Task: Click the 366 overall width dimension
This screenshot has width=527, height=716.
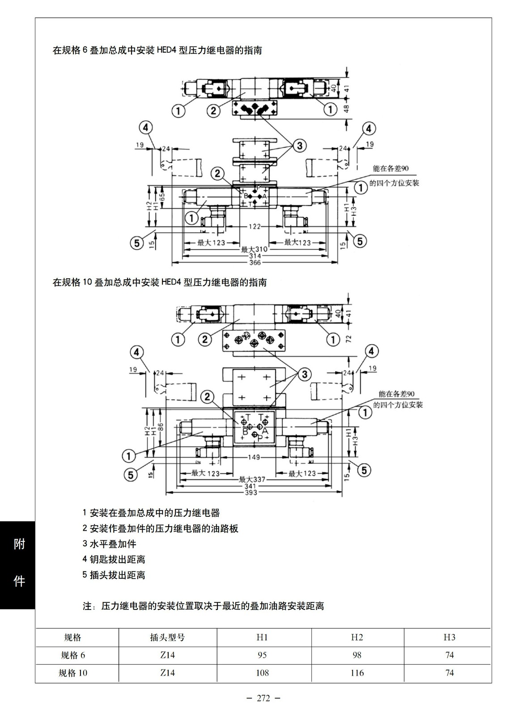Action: [255, 263]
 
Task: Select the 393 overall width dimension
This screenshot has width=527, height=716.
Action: [251, 493]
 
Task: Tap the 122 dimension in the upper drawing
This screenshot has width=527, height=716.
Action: [255, 226]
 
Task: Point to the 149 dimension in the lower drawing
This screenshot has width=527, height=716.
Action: [254, 457]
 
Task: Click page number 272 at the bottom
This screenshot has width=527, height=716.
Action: [263, 698]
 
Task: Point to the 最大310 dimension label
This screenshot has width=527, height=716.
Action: [254, 249]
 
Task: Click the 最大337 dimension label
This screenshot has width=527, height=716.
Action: [252, 479]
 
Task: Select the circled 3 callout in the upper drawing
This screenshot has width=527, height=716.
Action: [299, 145]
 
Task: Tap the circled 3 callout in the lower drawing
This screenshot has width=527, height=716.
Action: [305, 374]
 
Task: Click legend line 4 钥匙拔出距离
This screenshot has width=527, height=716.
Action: [114, 559]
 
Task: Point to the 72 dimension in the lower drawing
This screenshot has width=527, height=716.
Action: [348, 338]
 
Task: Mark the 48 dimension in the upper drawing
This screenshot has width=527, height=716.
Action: [347, 109]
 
